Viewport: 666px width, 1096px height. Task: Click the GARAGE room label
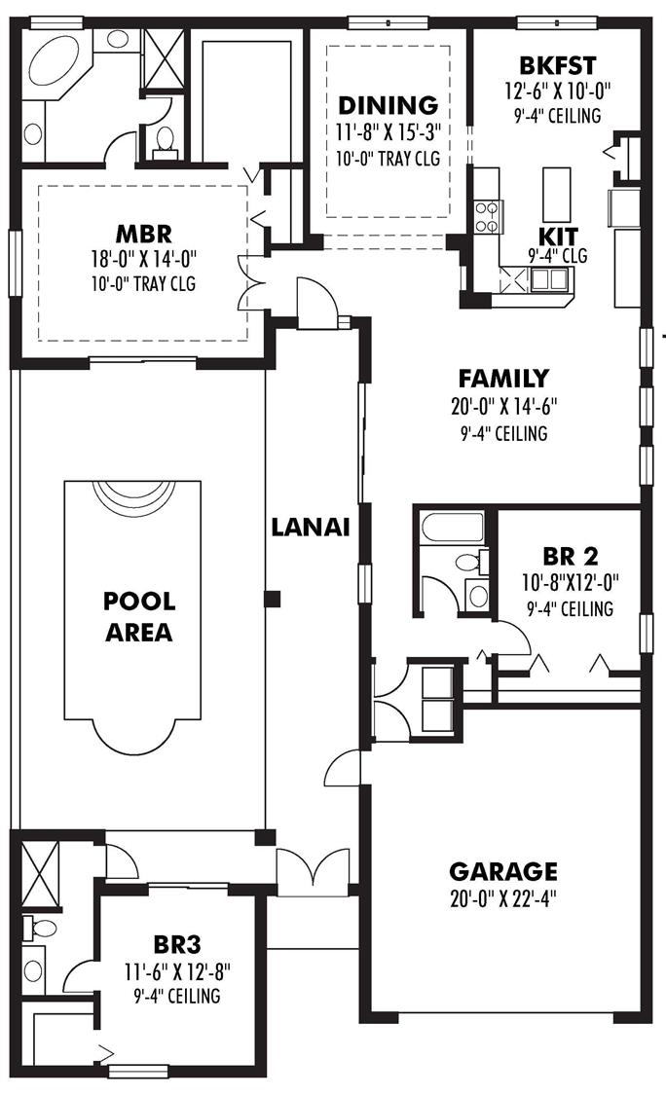(x=503, y=870)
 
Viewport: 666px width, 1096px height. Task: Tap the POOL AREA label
(x=137, y=616)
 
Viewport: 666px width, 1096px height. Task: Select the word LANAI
(x=311, y=527)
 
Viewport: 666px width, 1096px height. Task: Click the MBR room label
(x=143, y=234)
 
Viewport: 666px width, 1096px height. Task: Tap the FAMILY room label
(x=503, y=379)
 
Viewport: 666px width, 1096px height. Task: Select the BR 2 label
(x=570, y=557)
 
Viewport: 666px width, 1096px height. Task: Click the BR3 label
(x=176, y=943)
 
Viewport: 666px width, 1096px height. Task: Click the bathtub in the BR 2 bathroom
(x=452, y=530)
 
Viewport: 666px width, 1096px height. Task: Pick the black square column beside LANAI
(x=274, y=598)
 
